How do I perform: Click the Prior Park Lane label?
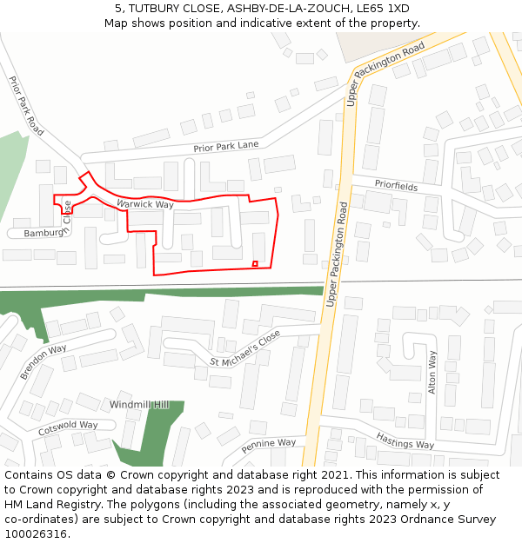point(226,146)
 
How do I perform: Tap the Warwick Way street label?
point(145,204)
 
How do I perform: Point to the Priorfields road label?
point(396,186)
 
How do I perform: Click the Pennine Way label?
point(269,444)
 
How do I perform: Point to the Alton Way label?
point(432,372)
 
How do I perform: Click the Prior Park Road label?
point(27,104)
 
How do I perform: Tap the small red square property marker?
point(255,263)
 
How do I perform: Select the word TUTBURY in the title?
point(155,8)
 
